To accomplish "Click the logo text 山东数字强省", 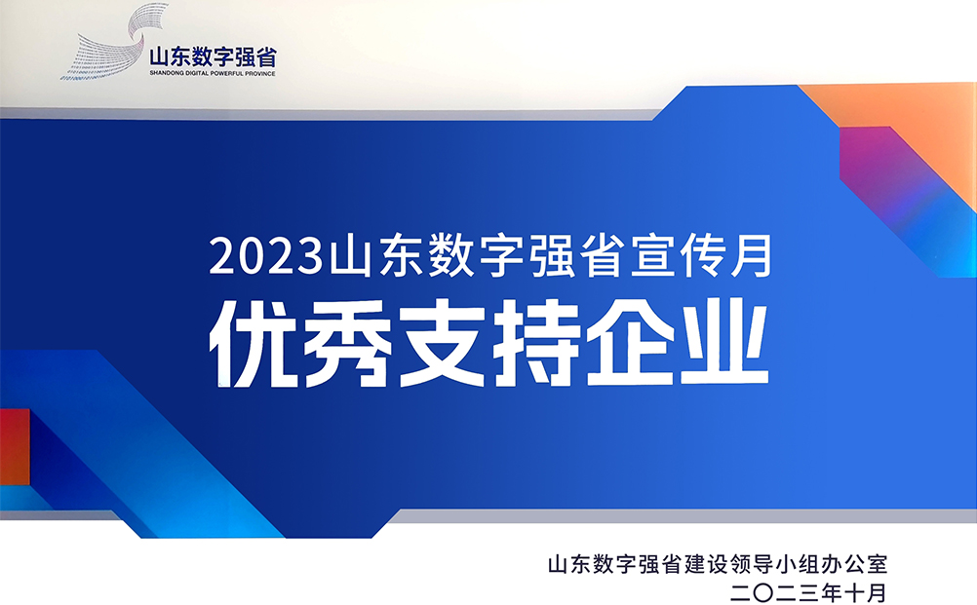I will tap(213, 56).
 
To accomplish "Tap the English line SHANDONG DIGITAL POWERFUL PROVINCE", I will tap(213, 73).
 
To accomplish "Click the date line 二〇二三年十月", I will tap(815, 590).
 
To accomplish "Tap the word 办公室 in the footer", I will tap(859, 564).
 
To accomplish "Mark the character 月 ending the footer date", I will tap(875, 590).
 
